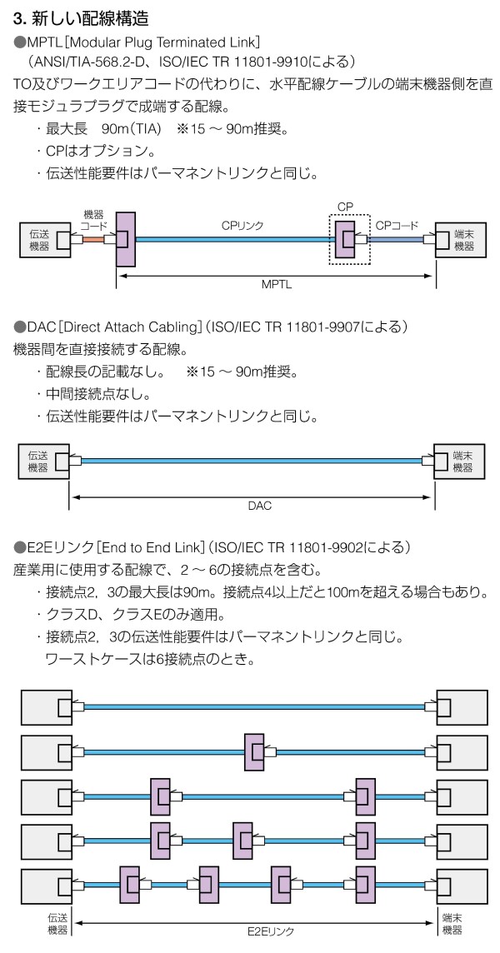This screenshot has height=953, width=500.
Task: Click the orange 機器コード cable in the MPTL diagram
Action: pyautogui.click(x=92, y=240)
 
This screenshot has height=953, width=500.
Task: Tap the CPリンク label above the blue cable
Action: pyautogui.click(x=241, y=224)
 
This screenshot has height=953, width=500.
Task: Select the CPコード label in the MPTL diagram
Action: pyautogui.click(x=397, y=225)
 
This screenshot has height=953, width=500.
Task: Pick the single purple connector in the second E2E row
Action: pyautogui.click(x=253, y=752)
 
